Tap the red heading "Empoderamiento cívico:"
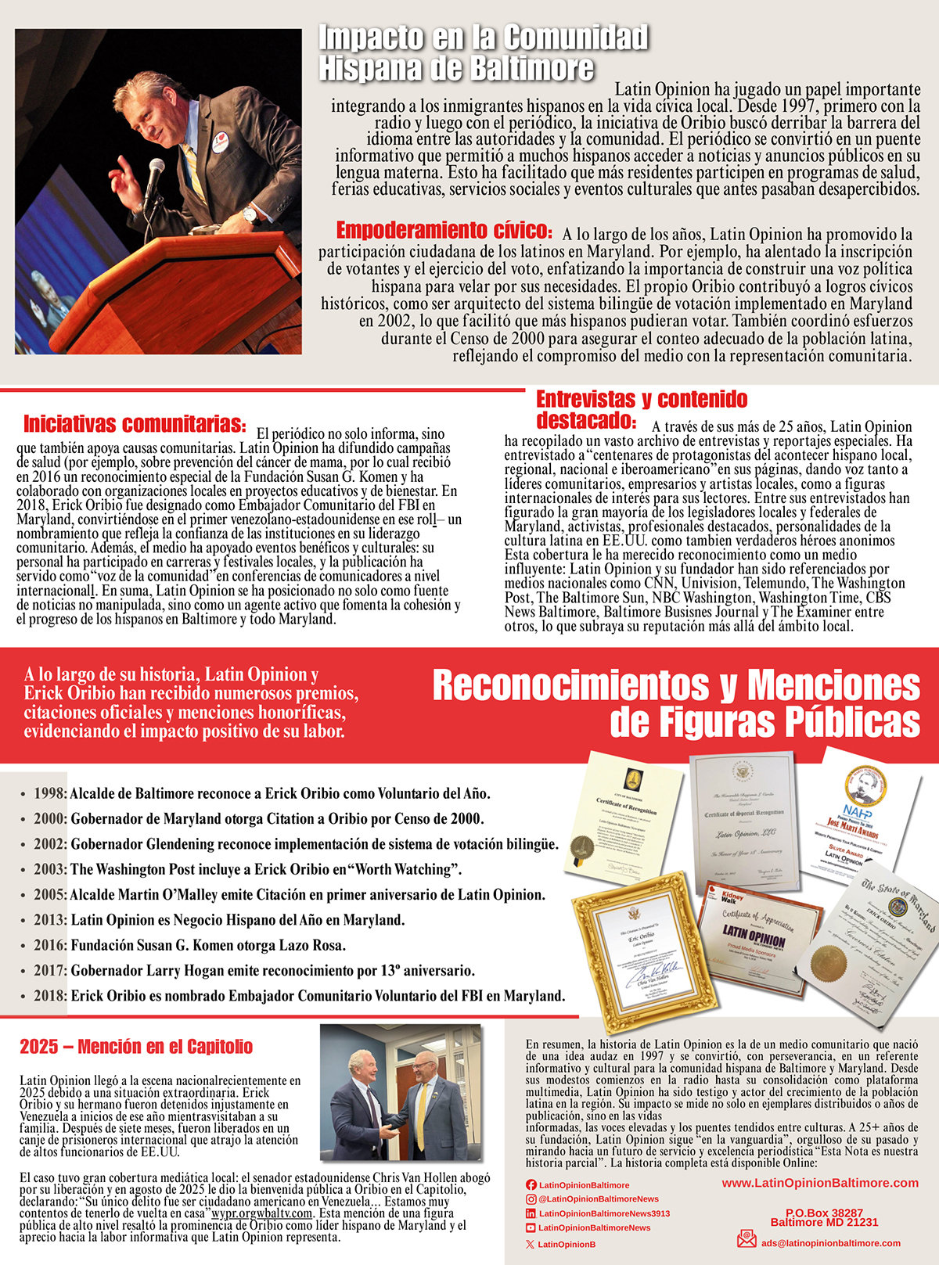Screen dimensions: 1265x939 click(444, 231)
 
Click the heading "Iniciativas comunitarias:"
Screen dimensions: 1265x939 click(135, 425)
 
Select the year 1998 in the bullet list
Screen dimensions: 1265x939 click(50, 794)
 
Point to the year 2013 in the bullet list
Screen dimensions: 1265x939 click(50, 921)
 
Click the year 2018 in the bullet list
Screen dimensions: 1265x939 click(50, 997)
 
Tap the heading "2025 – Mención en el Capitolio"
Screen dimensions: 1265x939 click(136, 1048)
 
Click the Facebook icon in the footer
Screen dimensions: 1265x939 click(531, 1185)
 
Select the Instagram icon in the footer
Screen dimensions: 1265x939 click(531, 1199)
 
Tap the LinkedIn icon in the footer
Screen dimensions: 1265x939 click(531, 1213)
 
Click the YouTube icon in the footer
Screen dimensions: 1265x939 click(531, 1228)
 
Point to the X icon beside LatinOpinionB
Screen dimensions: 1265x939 click(531, 1244)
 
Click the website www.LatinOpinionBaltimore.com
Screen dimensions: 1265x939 click(820, 1183)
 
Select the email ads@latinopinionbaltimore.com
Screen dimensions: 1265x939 click(831, 1242)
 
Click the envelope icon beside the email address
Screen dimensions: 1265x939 click(747, 1239)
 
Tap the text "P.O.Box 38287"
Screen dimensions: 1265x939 click(824, 1213)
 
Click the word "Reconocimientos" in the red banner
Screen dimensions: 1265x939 click(575, 686)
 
